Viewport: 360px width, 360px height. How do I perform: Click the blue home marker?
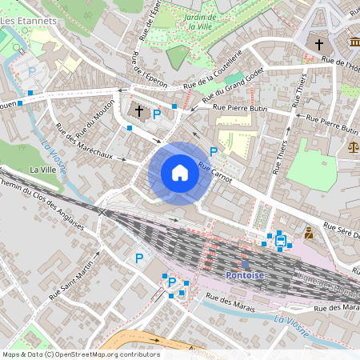coord(180,173)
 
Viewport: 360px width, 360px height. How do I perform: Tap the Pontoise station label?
coord(246,274)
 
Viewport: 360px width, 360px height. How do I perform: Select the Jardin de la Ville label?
coord(199,22)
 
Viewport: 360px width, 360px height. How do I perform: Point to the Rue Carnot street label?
coord(214,174)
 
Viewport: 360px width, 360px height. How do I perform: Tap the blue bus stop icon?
coord(280,238)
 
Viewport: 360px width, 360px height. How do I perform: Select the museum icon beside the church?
coord(354,42)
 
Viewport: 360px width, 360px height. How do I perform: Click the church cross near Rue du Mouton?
coord(139,111)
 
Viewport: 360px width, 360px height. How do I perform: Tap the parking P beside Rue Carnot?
coord(214,152)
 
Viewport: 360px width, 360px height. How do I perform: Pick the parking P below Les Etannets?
coord(32,71)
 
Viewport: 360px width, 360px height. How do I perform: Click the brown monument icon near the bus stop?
coord(309,234)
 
